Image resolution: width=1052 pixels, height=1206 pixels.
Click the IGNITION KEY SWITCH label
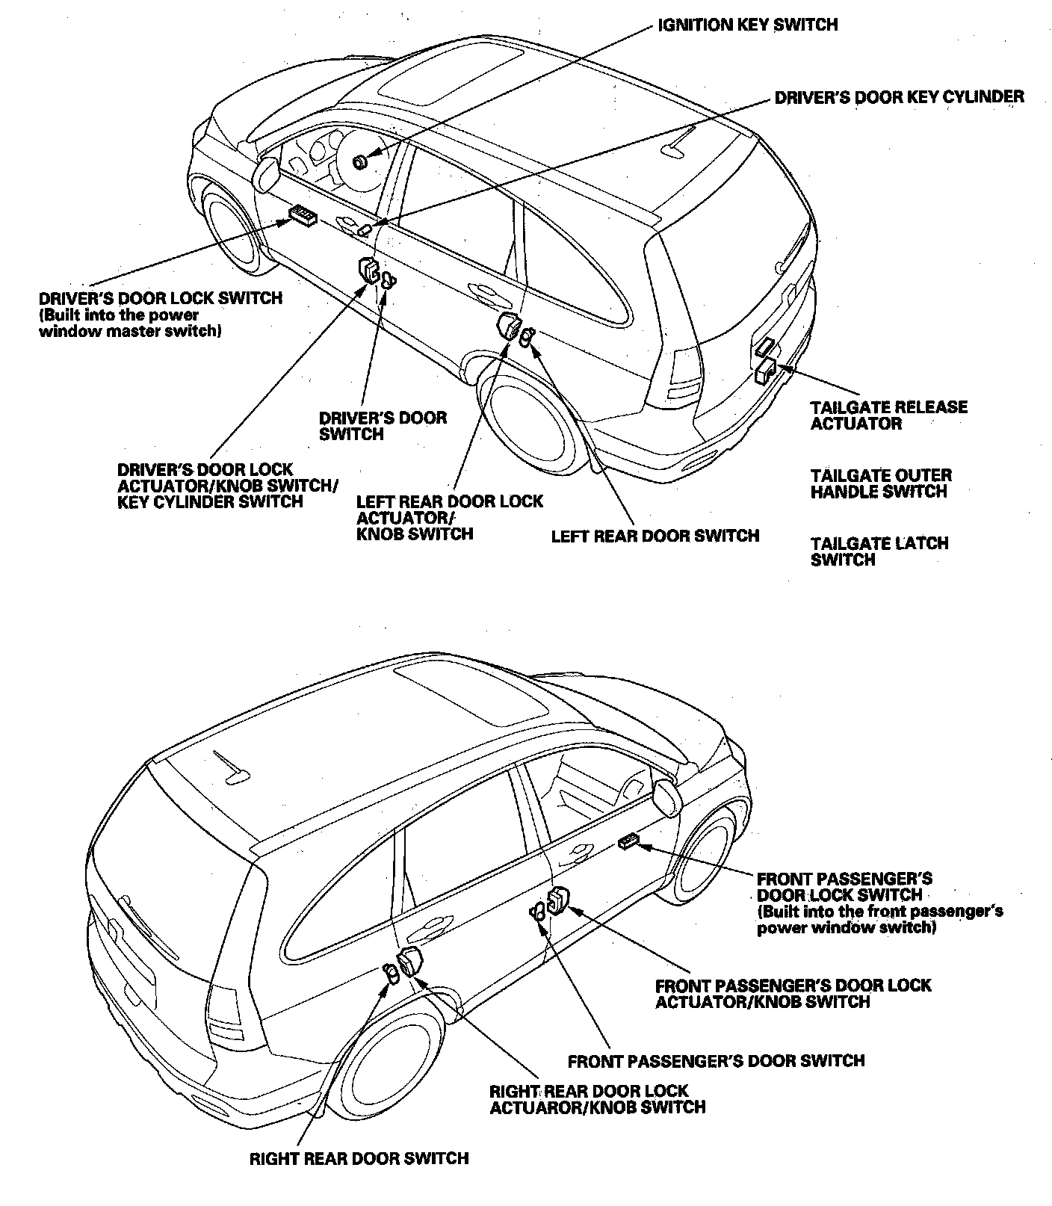[x=747, y=25]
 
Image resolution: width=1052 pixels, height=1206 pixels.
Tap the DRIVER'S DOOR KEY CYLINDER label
[x=899, y=97]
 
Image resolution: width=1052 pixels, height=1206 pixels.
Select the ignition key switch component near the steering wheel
[x=360, y=161]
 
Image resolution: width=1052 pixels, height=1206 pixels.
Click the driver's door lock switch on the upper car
[x=303, y=216]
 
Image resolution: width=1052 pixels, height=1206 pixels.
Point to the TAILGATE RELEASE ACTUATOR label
[x=888, y=415]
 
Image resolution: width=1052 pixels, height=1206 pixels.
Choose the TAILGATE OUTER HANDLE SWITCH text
[x=881, y=483]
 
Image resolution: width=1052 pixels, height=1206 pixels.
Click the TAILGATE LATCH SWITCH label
[x=879, y=551]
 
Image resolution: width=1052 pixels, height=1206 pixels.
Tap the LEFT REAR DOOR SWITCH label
[x=655, y=536]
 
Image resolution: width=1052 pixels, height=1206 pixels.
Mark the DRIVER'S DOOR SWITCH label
[x=383, y=426]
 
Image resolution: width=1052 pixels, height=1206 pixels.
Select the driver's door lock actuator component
[x=368, y=270]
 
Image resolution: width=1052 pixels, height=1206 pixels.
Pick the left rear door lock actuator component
[x=509, y=327]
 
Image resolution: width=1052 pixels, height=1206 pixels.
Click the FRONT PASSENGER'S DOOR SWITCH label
[x=716, y=1061]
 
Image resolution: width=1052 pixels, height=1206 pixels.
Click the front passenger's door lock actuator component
[x=557, y=903]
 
